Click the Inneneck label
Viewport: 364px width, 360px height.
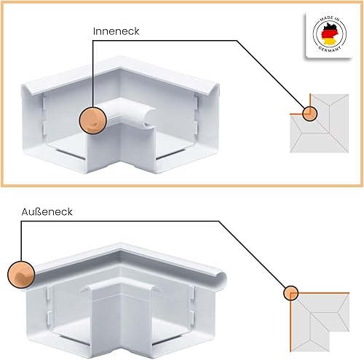116,31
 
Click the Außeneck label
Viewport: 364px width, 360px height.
47,212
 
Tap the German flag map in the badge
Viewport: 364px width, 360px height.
329,34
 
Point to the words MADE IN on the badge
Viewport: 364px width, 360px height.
329,19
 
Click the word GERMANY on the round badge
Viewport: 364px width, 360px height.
330,48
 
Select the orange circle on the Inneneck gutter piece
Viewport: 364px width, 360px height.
92,120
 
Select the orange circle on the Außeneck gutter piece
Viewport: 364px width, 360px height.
21,275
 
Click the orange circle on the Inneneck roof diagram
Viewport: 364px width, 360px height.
310,114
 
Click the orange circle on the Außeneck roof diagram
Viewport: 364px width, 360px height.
290,293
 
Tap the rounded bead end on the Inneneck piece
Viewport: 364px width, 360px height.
149,118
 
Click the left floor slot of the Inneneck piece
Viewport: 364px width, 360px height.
71,154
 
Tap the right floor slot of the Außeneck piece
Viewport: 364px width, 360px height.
167,340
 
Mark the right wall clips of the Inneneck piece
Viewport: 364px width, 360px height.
197,114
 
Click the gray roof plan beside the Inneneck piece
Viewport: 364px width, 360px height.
320,123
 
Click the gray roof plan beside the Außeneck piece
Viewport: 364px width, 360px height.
320,322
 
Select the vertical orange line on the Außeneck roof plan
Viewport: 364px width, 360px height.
290,322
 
